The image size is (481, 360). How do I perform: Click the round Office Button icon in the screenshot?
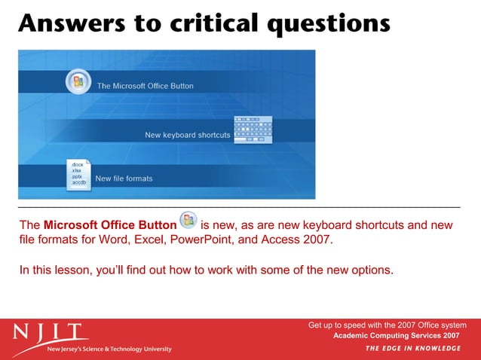78,82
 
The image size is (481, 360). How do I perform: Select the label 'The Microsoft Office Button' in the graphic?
145,86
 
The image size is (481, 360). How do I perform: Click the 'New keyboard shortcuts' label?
187,136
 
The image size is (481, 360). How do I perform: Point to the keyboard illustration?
253,130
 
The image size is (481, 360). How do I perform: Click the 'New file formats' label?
124,178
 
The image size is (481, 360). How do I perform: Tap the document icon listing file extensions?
78,175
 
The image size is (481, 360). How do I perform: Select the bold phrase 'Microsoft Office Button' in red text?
110,225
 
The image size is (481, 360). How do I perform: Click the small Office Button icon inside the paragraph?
188,221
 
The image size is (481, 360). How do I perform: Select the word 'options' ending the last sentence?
369,270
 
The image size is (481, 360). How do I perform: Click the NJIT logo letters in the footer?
50,331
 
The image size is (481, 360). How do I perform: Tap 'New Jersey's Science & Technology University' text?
109,349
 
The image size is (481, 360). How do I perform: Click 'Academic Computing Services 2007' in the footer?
396,334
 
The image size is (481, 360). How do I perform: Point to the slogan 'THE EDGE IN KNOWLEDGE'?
412,348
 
